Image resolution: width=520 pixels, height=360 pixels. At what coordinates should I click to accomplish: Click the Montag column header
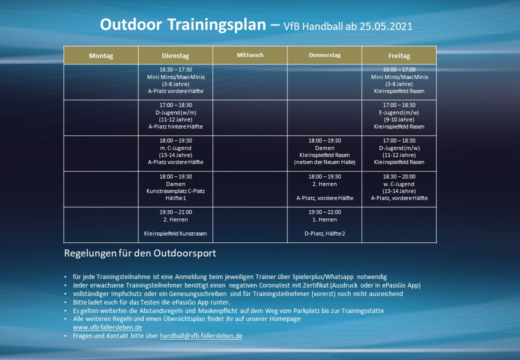point(101,55)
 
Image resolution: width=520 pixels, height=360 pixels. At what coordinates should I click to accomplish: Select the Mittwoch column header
point(250,55)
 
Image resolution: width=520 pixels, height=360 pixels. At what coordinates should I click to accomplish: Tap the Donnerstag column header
point(324,55)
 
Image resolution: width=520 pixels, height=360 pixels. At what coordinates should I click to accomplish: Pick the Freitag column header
point(399,55)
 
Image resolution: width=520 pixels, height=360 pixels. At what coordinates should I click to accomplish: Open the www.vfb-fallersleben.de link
point(107,327)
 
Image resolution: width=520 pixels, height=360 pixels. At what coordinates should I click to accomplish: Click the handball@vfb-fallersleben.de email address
point(201,336)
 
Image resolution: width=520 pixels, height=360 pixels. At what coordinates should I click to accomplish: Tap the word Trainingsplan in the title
point(216,25)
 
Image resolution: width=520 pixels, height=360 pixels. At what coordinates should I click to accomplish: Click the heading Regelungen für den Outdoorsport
point(140,253)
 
